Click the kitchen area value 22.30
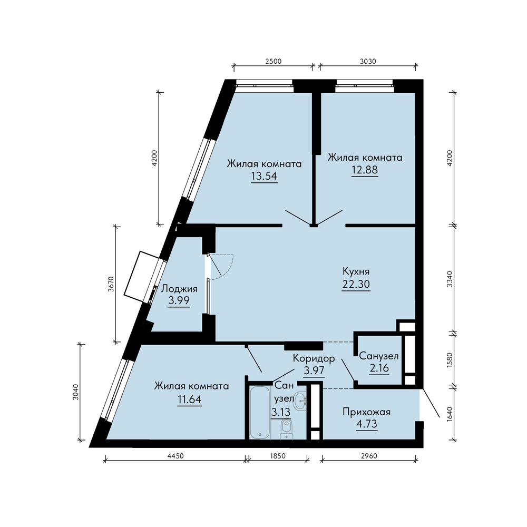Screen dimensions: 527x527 click(x=356, y=284)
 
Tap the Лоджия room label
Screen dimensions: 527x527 click(x=179, y=289)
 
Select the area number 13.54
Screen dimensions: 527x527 click(x=264, y=176)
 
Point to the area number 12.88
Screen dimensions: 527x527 click(x=365, y=170)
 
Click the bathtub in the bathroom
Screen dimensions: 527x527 click(x=260, y=412)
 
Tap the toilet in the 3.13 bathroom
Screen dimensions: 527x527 click(x=286, y=429)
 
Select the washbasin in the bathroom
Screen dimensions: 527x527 click(x=300, y=401)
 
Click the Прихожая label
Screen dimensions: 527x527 click(x=367, y=412)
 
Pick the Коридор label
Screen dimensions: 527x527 click(x=314, y=358)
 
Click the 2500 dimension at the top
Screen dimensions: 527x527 click(x=273, y=61)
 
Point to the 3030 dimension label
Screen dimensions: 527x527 click(x=368, y=61)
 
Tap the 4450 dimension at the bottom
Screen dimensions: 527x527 click(x=175, y=456)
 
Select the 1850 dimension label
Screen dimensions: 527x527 click(x=278, y=456)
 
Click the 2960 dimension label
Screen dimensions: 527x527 click(x=369, y=456)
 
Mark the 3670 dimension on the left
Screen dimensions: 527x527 click(x=111, y=284)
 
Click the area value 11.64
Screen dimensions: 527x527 click(x=190, y=399)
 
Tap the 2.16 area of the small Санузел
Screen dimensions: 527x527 click(x=379, y=368)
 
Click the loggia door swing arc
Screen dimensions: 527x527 click(x=229, y=268)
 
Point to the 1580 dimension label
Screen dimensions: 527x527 click(x=450, y=360)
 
